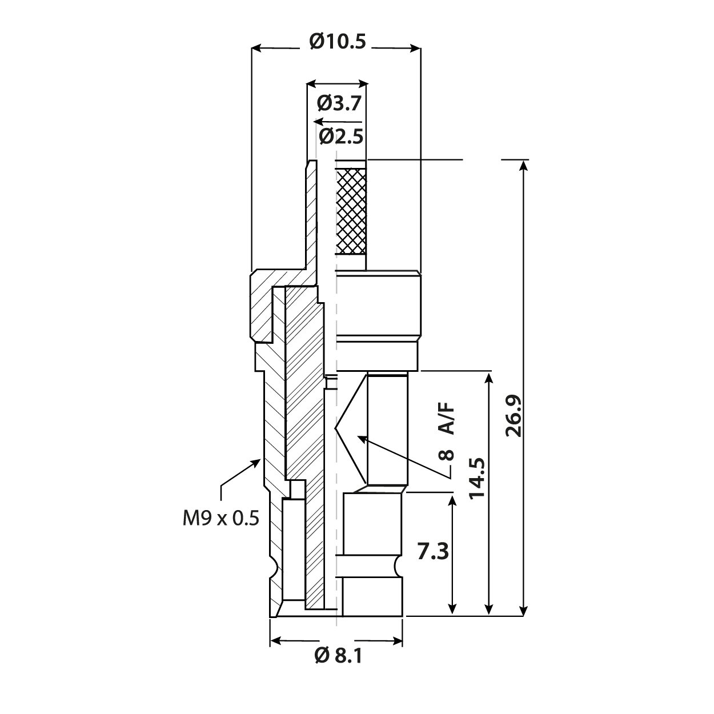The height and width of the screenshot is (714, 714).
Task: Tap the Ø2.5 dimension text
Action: point(341,137)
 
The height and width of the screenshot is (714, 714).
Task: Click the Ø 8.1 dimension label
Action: point(338,656)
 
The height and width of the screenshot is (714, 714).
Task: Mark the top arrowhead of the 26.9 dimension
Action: point(523,165)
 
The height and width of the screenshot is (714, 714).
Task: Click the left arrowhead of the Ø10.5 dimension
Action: point(256,49)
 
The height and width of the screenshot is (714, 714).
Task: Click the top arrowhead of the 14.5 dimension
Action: point(489,378)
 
